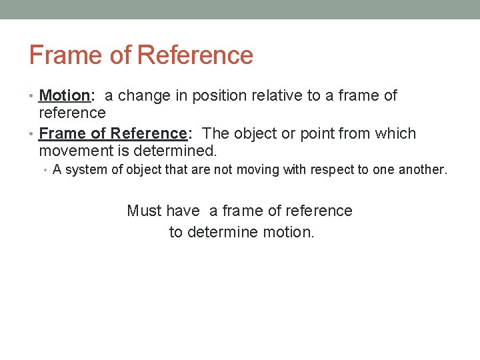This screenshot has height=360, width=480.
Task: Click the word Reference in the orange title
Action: coord(195,55)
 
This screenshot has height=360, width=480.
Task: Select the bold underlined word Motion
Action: coord(63,96)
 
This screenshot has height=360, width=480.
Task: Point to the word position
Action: coord(222,96)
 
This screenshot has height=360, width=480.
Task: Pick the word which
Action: coord(396,133)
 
